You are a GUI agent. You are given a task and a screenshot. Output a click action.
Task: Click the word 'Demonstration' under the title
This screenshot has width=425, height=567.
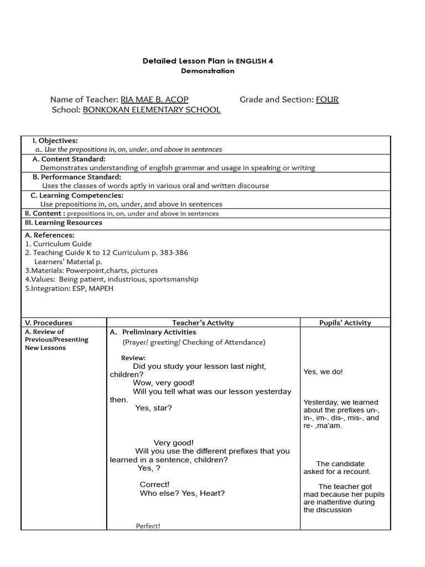208,71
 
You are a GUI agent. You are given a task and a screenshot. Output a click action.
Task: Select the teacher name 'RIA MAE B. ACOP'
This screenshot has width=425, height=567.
154,100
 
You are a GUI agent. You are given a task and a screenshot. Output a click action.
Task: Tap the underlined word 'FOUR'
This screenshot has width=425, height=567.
327,100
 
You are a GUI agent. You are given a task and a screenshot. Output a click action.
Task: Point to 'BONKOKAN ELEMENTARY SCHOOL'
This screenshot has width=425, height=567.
152,110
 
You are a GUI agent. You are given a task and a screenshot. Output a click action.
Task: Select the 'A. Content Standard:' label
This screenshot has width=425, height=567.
69,159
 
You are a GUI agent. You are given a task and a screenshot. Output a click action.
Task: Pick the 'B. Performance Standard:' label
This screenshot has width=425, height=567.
76,177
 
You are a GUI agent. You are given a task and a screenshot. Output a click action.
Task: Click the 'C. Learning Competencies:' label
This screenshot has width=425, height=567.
77,195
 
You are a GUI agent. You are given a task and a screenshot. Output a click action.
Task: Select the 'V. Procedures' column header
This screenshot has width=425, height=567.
49,323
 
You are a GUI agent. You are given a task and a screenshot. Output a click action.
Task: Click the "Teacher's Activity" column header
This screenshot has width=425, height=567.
203,323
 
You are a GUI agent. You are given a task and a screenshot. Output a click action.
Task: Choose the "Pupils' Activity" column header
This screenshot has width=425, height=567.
345,323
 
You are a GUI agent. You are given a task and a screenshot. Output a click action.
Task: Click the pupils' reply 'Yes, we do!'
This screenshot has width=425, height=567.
323,372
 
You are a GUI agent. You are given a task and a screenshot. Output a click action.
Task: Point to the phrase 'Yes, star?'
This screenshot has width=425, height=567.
153,408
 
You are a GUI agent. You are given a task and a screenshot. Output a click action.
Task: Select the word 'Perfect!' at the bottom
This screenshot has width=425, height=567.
148,526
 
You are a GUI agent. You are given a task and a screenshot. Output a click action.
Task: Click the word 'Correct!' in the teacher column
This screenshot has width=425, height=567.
154,484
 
